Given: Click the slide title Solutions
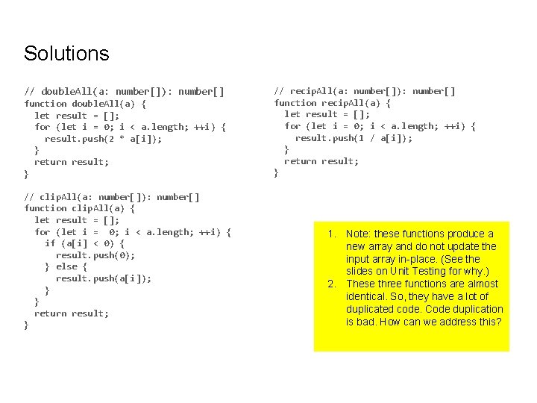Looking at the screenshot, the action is click(x=66, y=54).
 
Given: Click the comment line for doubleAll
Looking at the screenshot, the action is click(x=124, y=91).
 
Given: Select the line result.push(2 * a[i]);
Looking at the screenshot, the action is click(x=103, y=138).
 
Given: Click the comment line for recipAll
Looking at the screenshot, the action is click(x=365, y=91).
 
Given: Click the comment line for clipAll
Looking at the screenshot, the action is click(x=112, y=197).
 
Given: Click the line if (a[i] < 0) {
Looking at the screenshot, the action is click(x=84, y=243).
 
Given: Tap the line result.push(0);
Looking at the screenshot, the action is click(x=95, y=255).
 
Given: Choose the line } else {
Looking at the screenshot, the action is click(x=66, y=266).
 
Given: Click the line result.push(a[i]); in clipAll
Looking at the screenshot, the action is click(x=103, y=278).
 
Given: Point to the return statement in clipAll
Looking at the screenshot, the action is click(x=72, y=313).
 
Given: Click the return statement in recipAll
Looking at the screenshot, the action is click(x=321, y=160).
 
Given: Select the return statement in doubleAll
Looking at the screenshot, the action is click(x=72, y=162).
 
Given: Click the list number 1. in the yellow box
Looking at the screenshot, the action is click(x=333, y=234).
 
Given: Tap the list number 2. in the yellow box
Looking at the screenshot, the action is click(x=333, y=284).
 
